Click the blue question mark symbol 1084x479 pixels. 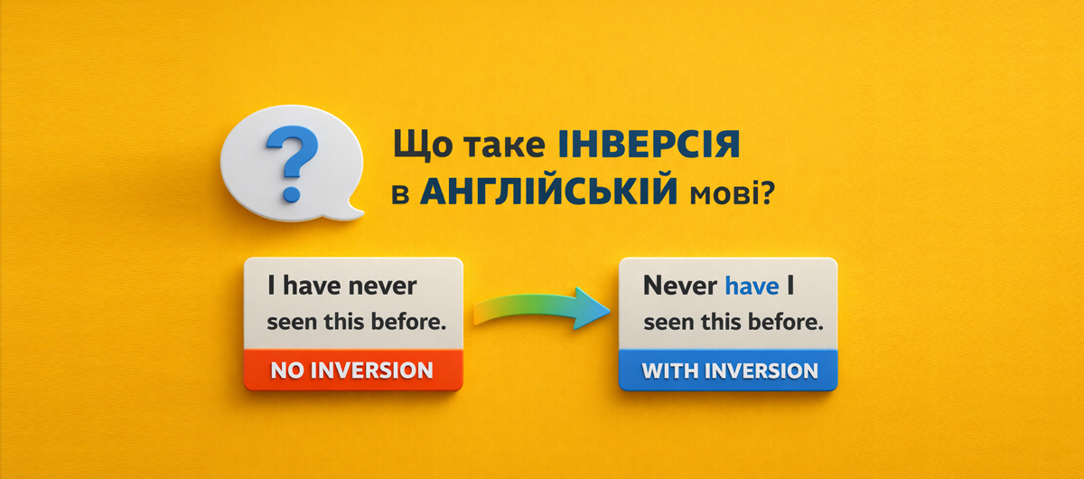[x=293, y=164]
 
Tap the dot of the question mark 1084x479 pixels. [x=292, y=193]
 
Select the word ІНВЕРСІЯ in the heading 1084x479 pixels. [x=649, y=145]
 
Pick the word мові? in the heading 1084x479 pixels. [x=733, y=193]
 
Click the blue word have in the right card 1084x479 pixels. [x=752, y=286]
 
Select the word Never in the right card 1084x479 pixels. [x=680, y=286]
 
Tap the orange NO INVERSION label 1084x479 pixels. [x=353, y=370]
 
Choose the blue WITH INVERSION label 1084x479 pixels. [x=728, y=371]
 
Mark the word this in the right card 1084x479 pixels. [x=721, y=322]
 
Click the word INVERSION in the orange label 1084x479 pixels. [x=371, y=371]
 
